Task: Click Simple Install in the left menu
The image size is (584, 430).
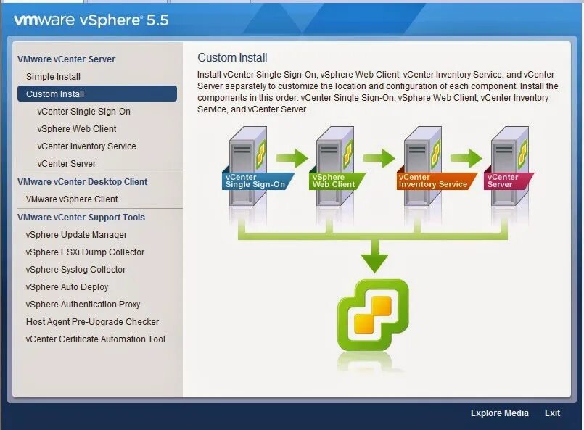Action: coord(53,76)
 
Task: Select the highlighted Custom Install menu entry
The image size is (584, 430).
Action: coord(55,94)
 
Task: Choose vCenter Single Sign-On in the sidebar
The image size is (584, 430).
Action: coord(83,112)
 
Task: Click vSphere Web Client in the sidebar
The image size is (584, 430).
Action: coord(77,129)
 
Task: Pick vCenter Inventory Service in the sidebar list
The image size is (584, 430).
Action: coord(86,146)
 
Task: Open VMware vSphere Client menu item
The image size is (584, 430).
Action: coord(72,199)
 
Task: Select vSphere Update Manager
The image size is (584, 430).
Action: coord(76,235)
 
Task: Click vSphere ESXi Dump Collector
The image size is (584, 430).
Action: coord(85,252)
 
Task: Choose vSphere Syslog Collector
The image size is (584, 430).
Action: coord(75,270)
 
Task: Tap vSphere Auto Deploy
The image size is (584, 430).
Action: coord(67,287)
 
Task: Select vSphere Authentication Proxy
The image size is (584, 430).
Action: coord(83,305)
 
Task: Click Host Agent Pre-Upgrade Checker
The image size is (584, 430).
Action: coord(92,322)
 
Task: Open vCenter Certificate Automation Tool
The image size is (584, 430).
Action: coord(95,339)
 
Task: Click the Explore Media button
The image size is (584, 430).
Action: coord(499,413)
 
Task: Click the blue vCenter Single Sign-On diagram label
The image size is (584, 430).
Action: coord(255,181)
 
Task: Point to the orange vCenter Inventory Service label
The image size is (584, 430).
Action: coord(433,181)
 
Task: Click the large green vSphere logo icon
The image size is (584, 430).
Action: coord(373,315)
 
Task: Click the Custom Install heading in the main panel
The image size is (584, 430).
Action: coord(232,58)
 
